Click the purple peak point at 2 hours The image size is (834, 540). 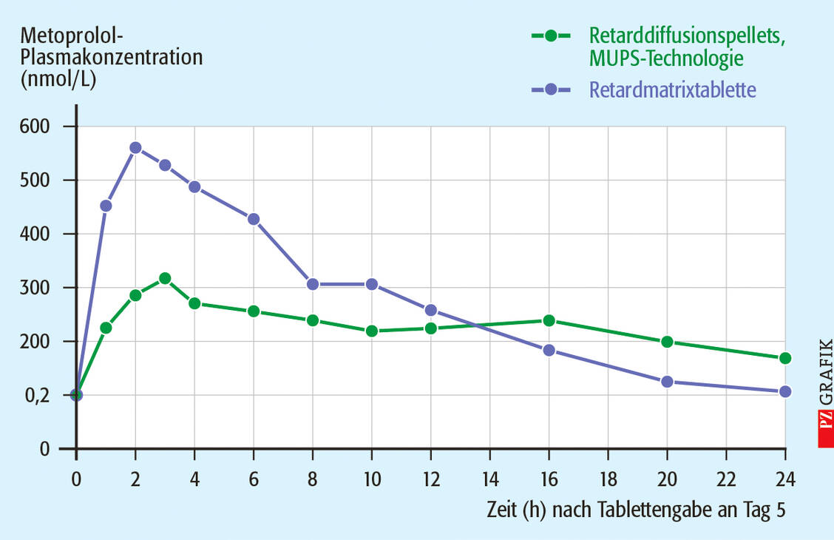135,148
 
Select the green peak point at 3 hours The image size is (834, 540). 165,279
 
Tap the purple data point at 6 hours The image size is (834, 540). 254,219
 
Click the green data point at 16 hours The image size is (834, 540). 549,320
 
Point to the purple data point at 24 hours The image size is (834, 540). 785,391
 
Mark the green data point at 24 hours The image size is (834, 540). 785,358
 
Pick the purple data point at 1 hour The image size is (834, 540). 106,206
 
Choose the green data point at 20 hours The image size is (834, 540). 667,342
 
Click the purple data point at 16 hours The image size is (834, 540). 549,350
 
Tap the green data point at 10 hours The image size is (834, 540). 372,331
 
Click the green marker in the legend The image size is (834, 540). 550,35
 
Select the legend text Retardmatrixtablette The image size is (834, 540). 672,90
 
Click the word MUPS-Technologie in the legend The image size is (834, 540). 666,58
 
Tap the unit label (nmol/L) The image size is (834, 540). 59,79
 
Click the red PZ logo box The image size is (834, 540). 825,428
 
